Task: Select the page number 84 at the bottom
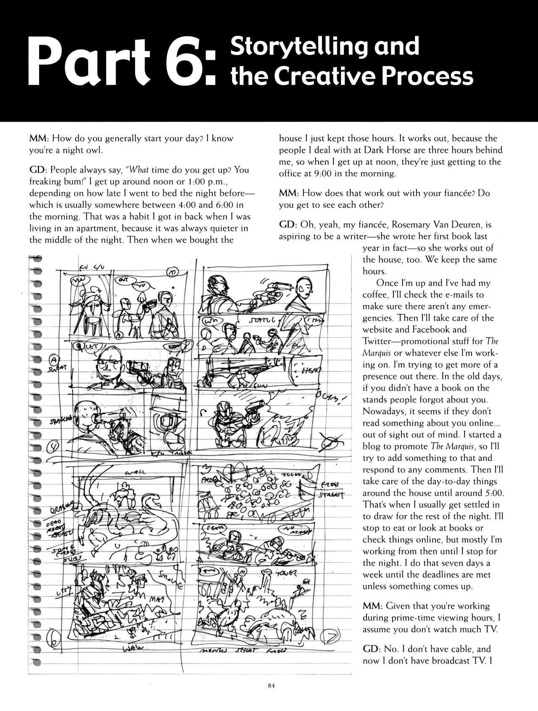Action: click(271, 685)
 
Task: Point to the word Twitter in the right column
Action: click(377, 341)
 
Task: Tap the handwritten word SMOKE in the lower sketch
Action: click(170, 578)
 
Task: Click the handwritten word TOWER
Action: click(286, 573)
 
